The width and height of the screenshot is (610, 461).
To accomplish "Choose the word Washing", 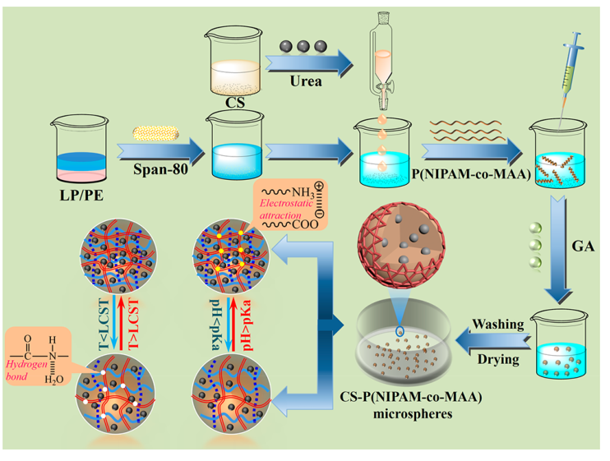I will tap(497, 325).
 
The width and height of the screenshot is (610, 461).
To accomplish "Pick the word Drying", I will tap(497, 359).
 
